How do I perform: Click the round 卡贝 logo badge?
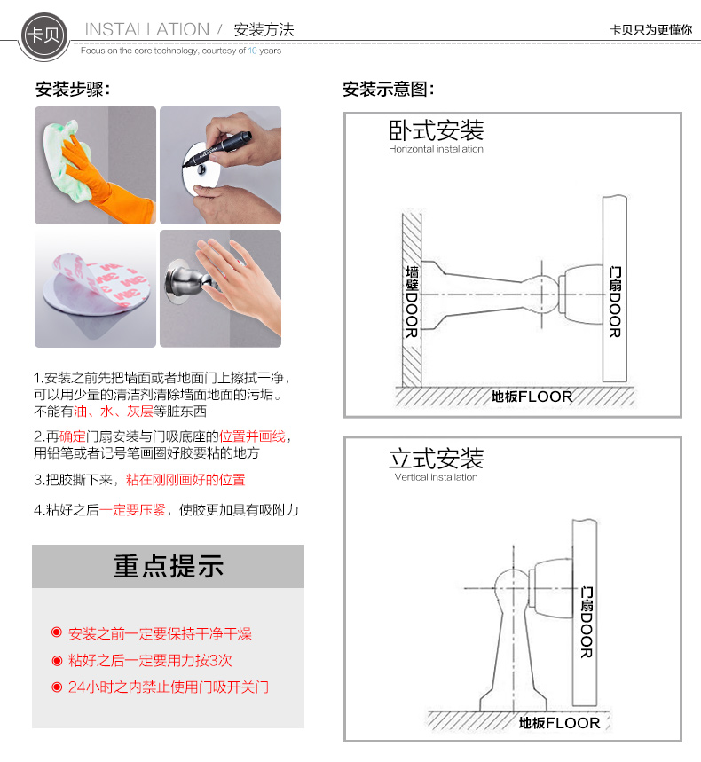(x=43, y=35)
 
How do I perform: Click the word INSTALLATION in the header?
(x=146, y=29)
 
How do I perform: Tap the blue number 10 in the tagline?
(x=252, y=51)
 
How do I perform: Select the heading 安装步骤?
(x=73, y=90)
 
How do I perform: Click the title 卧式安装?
(x=436, y=130)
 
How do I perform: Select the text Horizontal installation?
(x=436, y=149)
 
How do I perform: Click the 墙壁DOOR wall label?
(x=412, y=302)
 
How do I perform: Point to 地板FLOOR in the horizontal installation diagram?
(x=532, y=397)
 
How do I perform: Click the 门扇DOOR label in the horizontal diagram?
(x=615, y=302)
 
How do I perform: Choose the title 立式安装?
(x=436, y=459)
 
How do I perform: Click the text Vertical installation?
(x=436, y=477)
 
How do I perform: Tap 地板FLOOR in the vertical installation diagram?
(x=559, y=723)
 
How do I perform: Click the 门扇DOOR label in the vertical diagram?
(x=587, y=623)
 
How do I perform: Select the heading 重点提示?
(x=169, y=566)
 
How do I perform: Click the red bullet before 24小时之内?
(x=57, y=687)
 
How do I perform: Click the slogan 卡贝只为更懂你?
(x=651, y=30)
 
